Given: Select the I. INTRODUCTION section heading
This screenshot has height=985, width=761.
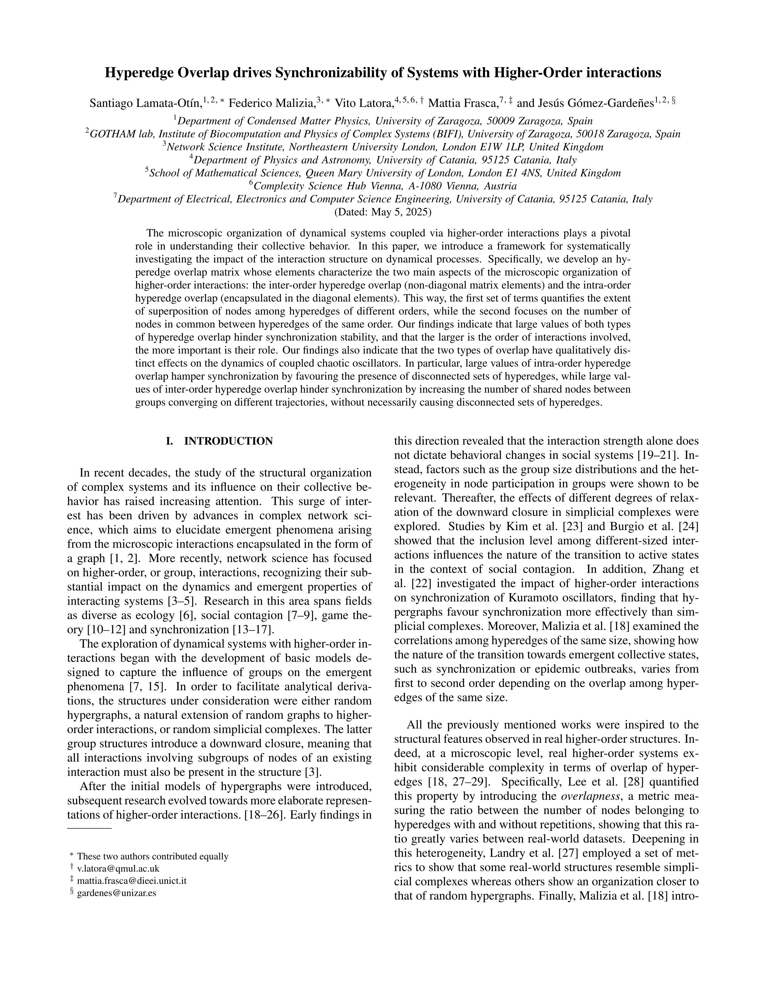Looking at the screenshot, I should coord(220,441).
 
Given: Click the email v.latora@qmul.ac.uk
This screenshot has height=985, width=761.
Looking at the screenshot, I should coord(118,868).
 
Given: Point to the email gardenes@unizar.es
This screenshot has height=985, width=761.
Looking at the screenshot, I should coord(116,892).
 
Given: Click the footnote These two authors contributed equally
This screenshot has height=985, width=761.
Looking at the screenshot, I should coord(152,856).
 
